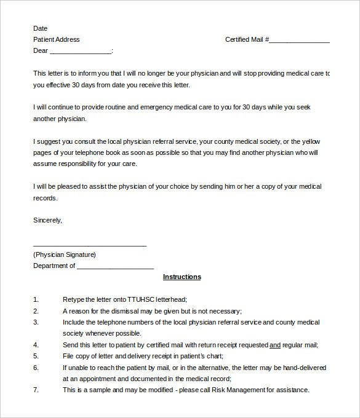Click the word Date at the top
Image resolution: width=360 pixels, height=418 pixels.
pos(40,28)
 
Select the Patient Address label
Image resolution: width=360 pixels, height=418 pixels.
pos(57,39)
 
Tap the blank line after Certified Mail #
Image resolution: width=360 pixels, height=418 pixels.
pos(299,41)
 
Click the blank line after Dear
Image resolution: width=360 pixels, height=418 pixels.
pos(81,52)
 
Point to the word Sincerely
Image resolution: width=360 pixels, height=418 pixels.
pos(47,219)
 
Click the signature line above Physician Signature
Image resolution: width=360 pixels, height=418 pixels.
pos(90,245)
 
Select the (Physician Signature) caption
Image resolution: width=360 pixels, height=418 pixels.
pos(65,254)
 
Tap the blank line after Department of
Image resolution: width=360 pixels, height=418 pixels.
pos(115,267)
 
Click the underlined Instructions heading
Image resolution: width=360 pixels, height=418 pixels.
pos(182,277)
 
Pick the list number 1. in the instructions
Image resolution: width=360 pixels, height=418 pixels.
pos(36,299)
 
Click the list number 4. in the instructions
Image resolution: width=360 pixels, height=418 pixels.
pos(36,345)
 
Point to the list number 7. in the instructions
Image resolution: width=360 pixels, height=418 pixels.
pos(36,390)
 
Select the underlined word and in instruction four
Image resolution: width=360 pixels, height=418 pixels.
pos(275,345)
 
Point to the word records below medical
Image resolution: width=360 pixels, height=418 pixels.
pos(45,198)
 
